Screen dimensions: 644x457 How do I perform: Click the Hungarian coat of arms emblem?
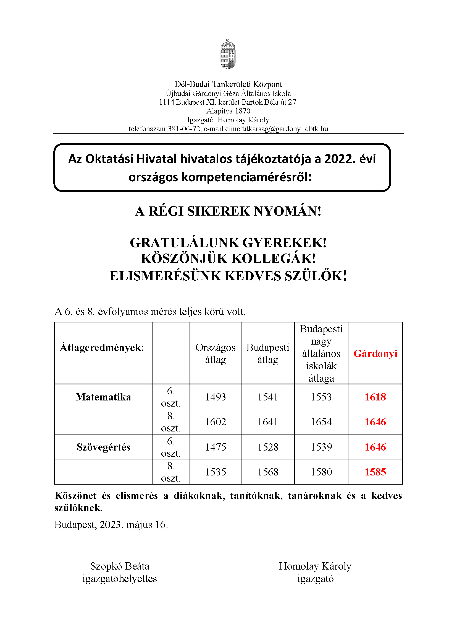pos(228,54)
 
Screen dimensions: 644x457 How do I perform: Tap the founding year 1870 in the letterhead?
pos(243,111)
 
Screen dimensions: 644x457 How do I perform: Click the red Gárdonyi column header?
pos(375,354)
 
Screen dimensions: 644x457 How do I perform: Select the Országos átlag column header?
pos(216,354)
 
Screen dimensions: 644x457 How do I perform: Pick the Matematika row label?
pos(103,397)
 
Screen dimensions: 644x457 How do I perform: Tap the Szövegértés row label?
pos(103,447)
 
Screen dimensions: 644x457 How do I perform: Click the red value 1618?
pos(375,397)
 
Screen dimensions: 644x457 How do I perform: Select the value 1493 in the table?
pos(216,397)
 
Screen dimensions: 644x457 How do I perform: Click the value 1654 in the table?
pos(321,422)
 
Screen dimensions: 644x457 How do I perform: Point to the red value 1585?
pos(375,472)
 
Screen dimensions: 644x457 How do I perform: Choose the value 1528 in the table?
pos(268,447)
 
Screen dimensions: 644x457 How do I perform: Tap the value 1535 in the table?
pos(216,472)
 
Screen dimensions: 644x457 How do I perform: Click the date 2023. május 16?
pos(134,525)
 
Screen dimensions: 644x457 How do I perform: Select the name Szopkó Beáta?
pos(120,566)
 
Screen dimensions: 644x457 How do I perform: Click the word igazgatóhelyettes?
pos(120,579)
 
